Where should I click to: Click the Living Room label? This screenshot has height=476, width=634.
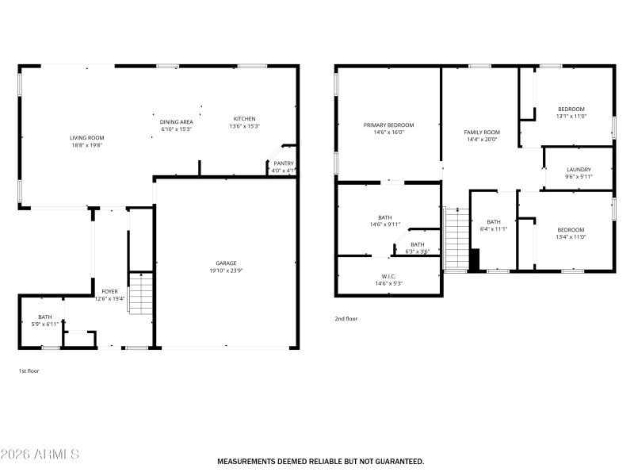[86, 138]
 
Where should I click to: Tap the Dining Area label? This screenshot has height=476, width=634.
[177, 121]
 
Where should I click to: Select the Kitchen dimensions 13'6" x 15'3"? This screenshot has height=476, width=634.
[244, 126]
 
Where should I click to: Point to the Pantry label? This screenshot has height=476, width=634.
[284, 163]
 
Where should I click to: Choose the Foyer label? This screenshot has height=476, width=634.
[109, 292]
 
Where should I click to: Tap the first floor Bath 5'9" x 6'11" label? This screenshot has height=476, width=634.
[45, 317]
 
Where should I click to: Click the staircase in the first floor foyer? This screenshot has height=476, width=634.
[140, 293]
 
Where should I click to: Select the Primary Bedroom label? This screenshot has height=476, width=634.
[388, 125]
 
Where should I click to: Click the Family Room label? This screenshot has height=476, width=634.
[482, 132]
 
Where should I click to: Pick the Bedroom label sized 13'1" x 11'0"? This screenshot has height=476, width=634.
[571, 109]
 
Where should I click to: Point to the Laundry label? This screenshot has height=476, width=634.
[579, 170]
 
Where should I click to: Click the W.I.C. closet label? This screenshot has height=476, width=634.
[388, 276]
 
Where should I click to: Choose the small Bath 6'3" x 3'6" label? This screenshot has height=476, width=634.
[417, 244]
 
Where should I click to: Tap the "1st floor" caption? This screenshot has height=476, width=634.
[29, 370]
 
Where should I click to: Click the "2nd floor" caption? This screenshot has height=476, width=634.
[346, 319]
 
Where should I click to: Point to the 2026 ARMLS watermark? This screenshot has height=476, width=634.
[40, 455]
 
